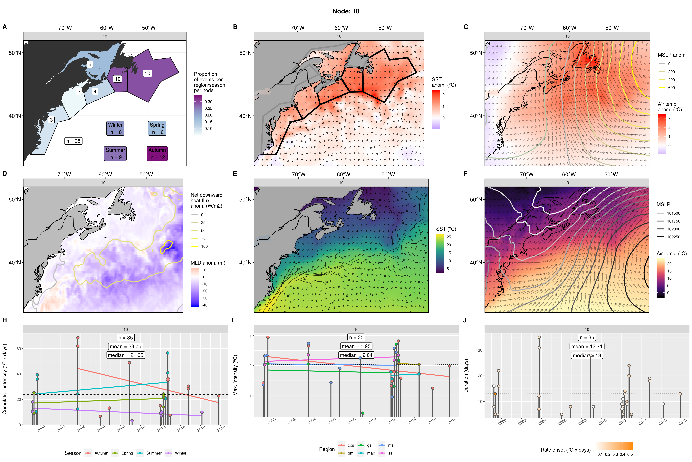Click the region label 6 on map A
pos(90,64)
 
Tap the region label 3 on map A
pos(52,120)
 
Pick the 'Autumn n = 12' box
pos(157,154)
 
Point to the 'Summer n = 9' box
pos(115,154)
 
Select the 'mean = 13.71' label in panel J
pos(587,346)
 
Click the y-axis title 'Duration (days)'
pos(466,376)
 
